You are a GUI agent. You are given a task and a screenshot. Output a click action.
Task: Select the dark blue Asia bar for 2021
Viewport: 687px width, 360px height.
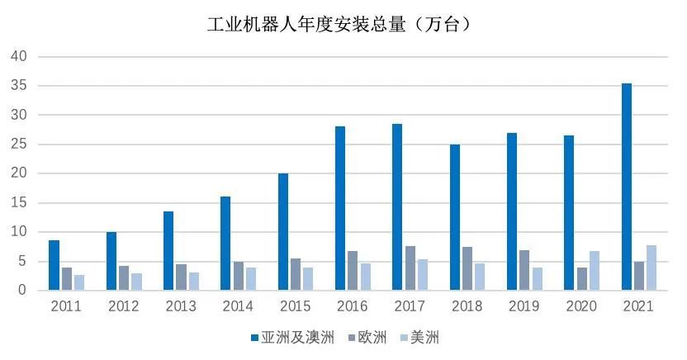coord(627,187)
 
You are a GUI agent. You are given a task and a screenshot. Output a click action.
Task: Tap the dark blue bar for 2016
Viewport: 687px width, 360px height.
coord(340,208)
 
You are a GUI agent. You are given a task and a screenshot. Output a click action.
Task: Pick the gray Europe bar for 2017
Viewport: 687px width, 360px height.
coord(410,268)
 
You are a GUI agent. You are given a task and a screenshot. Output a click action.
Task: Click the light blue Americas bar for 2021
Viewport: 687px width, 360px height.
coord(651,268)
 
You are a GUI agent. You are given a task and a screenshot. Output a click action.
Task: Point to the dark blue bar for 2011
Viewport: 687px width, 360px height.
coord(54,265)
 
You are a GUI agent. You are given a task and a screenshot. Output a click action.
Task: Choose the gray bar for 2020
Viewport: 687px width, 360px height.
coord(582,278)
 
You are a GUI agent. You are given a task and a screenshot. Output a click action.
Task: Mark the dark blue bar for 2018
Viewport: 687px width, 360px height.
coord(455,217)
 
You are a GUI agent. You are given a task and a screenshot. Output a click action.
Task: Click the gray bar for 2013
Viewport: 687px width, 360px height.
coord(181,277)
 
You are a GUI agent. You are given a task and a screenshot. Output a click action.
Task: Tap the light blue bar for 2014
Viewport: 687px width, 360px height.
coord(251,278)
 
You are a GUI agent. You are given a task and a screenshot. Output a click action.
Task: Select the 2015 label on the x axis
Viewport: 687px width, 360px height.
coord(295,306)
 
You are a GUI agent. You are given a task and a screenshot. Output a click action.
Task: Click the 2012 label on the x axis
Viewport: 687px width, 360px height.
coord(123,306)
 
